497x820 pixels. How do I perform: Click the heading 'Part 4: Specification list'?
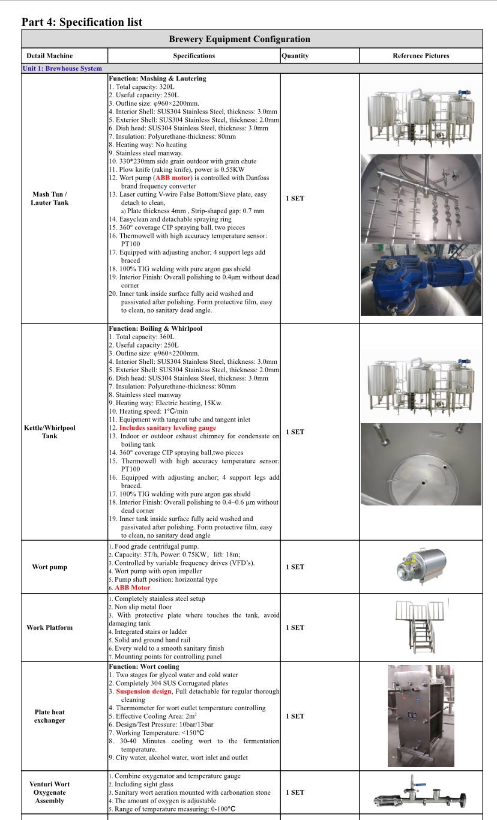[x=82, y=22]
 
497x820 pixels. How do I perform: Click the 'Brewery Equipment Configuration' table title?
[x=239, y=39]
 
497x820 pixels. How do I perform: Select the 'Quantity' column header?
[x=295, y=56]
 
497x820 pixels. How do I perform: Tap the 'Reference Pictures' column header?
[x=421, y=56]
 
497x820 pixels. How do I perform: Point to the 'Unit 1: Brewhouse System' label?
[x=62, y=68]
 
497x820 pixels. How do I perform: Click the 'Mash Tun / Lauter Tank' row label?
[x=50, y=198]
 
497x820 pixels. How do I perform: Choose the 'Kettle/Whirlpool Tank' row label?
[x=50, y=432]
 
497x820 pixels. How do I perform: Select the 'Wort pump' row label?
[x=50, y=567]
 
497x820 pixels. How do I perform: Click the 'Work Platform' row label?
[x=50, y=627]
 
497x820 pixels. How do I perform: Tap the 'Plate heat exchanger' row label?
[x=50, y=716]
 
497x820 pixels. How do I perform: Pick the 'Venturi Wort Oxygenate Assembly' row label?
[x=50, y=792]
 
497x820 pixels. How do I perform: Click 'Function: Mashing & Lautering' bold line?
[x=157, y=79]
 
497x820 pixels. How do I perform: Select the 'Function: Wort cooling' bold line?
[x=144, y=666]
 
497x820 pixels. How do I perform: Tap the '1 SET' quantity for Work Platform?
[x=295, y=627]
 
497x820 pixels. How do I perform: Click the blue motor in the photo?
[x=420, y=281]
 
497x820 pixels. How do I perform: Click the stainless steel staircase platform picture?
[x=420, y=627]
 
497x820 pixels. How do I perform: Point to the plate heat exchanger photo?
[x=420, y=716]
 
